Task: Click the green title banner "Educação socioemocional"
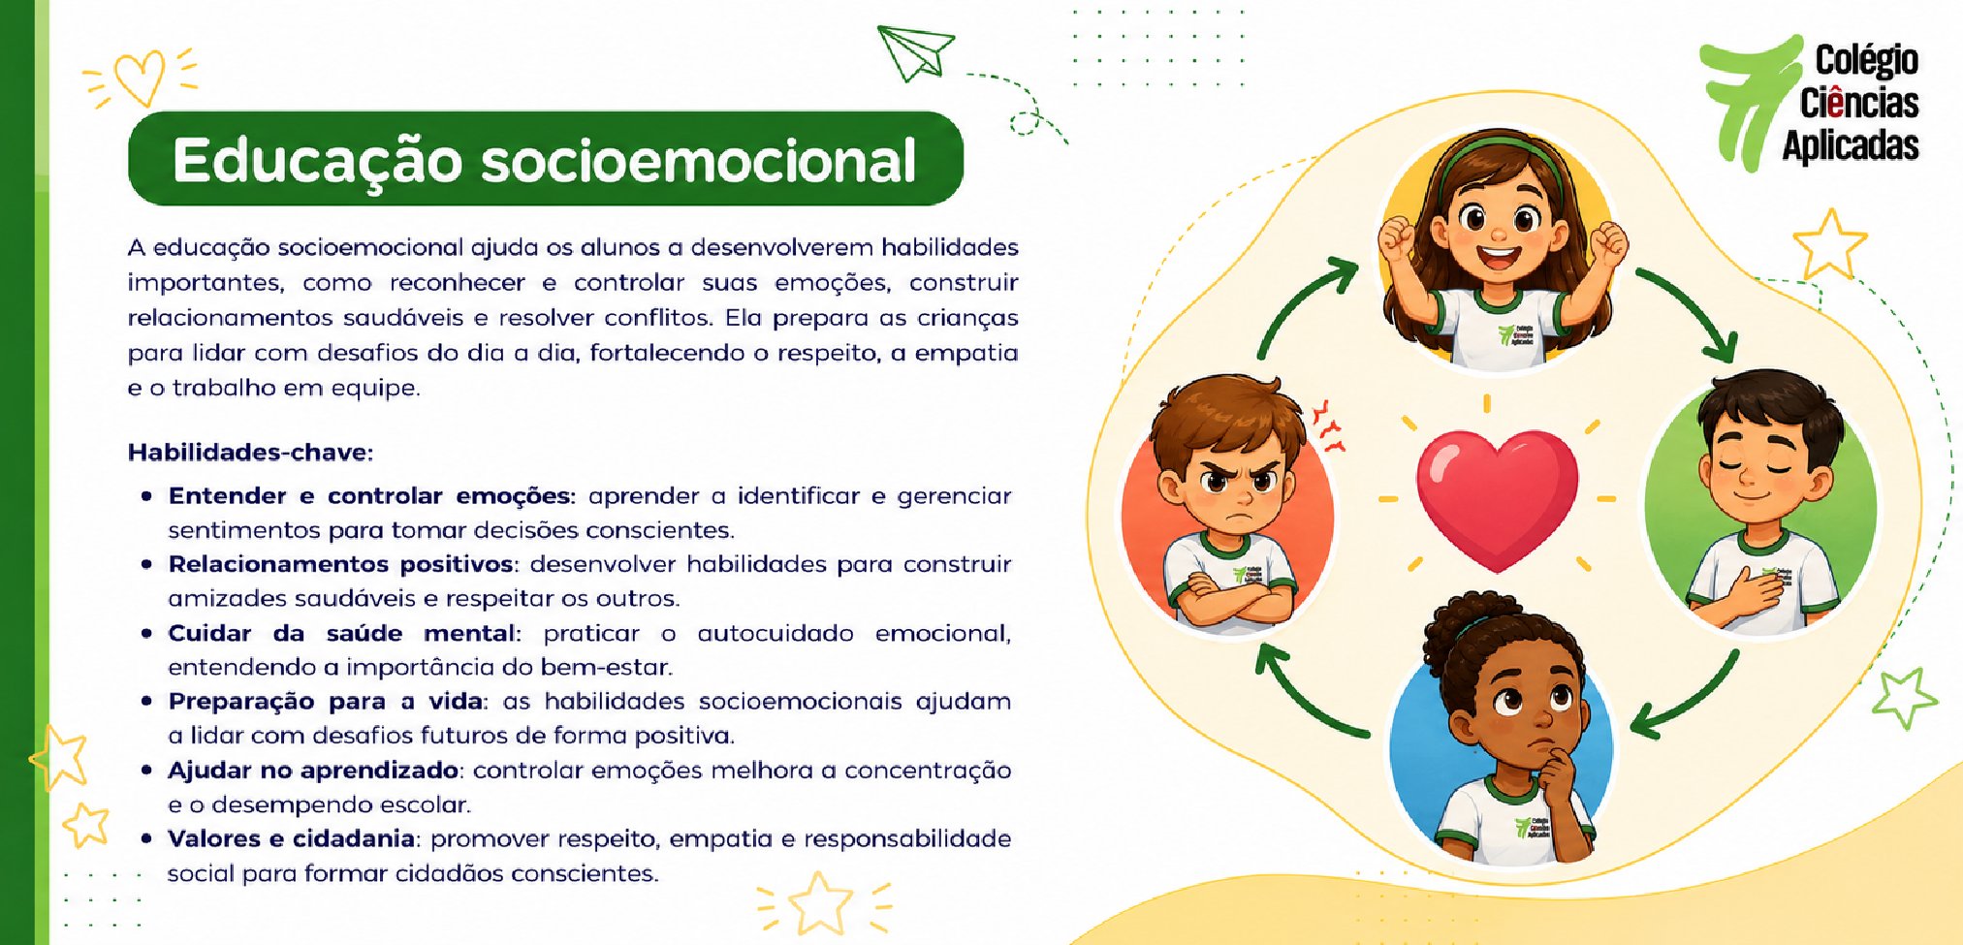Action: pos(546,159)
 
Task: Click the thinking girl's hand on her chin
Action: pos(1560,775)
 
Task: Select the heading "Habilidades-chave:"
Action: pos(250,453)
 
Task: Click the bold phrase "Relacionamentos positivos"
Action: pos(341,564)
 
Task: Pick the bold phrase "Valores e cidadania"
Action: pos(292,838)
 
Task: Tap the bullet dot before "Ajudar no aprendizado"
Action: pos(147,771)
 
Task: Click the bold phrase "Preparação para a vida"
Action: pos(326,702)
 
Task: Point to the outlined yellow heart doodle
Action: pos(139,78)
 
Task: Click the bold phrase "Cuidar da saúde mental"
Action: pos(341,633)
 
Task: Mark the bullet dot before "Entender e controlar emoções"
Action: pos(147,496)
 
